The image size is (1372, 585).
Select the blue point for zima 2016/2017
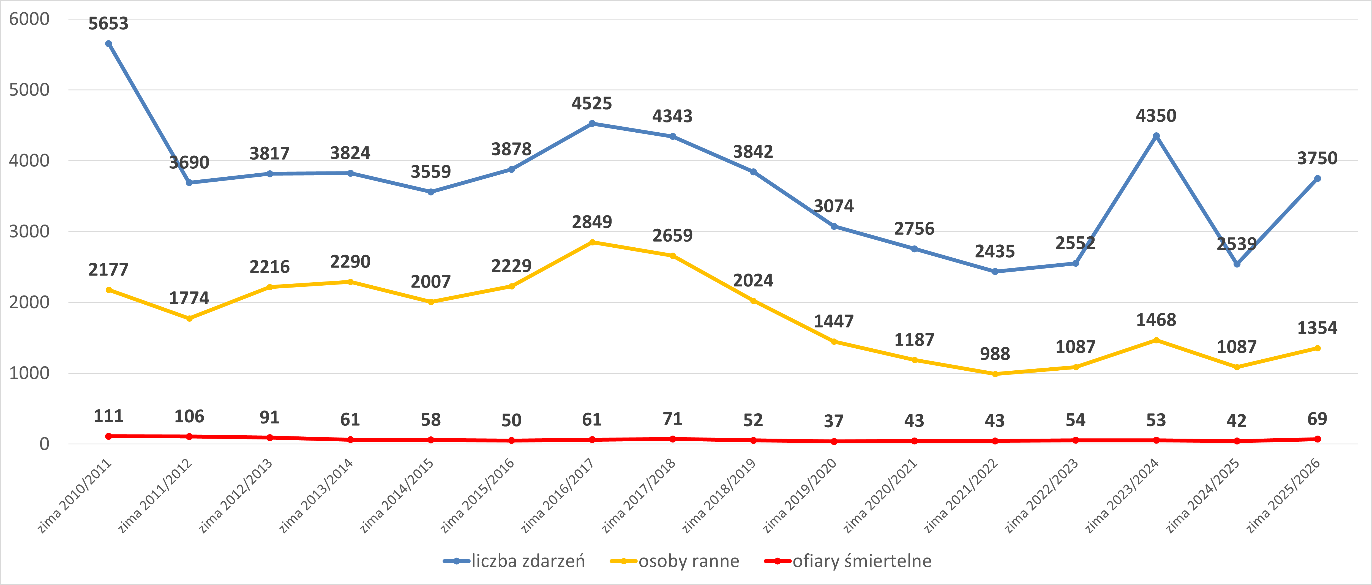pos(592,124)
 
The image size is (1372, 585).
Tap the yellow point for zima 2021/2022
pos(995,374)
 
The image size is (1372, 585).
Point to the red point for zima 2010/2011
pos(109,436)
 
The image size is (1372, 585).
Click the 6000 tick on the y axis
pos(29,19)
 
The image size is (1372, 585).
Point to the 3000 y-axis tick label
pos(29,232)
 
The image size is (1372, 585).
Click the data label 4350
pos(1156,116)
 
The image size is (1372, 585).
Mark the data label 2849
pos(592,222)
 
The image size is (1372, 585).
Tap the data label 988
pos(995,354)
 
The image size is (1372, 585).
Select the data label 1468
pos(1156,320)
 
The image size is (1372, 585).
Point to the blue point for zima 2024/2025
pos(1237,264)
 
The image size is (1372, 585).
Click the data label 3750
pos(1317,158)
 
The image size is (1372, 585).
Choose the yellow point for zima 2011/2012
pos(189,318)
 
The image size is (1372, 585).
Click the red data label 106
pos(189,416)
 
